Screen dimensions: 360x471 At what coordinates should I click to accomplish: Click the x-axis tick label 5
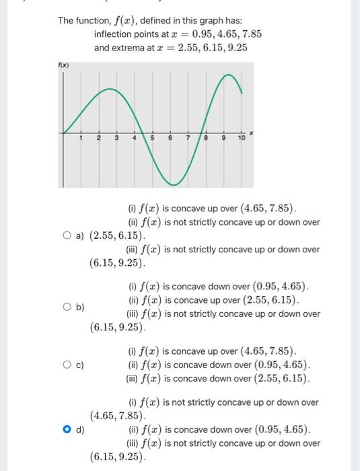click(x=151, y=138)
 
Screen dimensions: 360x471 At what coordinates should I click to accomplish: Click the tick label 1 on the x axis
click(x=81, y=138)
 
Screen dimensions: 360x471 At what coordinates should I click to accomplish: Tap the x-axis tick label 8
click(x=206, y=138)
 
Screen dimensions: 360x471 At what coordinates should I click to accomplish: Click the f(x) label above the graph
click(x=64, y=65)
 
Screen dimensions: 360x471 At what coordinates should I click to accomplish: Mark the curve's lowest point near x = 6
click(x=174, y=184)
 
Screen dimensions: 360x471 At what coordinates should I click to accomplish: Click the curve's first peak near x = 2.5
click(x=109, y=89)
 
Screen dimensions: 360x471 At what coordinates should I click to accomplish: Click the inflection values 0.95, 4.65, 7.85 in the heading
click(x=227, y=34)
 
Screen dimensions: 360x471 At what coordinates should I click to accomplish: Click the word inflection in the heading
click(x=116, y=34)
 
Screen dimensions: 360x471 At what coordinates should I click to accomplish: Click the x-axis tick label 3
click(x=116, y=138)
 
